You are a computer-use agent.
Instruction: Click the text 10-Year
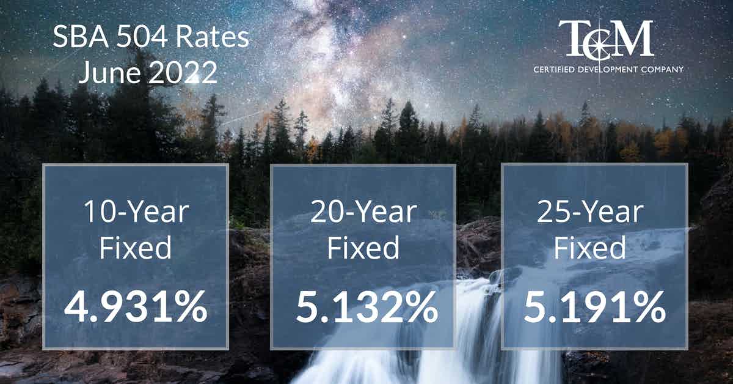click(136, 212)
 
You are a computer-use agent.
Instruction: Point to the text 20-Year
click(363, 212)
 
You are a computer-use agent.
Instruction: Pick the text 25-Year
click(590, 212)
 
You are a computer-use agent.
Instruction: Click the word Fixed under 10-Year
click(135, 247)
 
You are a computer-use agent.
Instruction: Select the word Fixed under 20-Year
click(363, 247)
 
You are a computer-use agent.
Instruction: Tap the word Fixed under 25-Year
click(589, 247)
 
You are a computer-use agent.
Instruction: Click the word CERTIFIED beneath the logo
click(552, 70)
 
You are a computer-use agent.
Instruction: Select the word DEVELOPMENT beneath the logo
click(607, 70)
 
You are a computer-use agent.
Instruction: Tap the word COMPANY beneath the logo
click(662, 70)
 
